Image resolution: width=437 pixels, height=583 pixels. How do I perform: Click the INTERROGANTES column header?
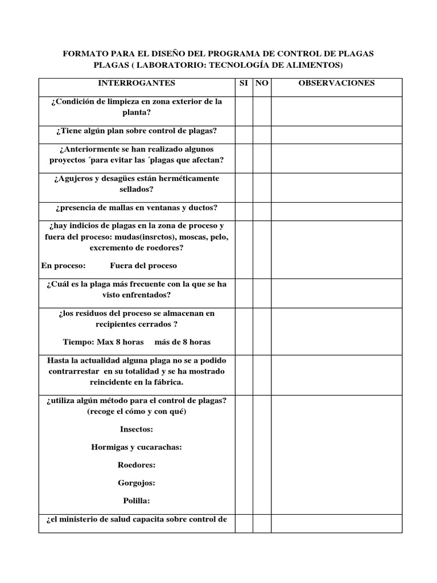137,83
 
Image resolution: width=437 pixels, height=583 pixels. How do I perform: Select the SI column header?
244,83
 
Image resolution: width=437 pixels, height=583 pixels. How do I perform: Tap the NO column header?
262,83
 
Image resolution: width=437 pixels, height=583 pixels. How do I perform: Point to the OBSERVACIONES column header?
336,83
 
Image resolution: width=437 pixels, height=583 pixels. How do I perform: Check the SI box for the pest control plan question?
244,135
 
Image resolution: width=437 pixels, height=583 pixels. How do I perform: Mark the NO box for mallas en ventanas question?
262,211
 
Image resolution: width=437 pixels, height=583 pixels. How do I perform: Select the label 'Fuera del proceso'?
143,265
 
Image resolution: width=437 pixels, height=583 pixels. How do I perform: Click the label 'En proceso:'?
63,265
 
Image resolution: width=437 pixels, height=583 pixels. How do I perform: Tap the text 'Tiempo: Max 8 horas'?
103,342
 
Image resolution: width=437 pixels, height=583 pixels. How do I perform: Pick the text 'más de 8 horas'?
178,342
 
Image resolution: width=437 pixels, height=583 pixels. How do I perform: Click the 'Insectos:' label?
137,429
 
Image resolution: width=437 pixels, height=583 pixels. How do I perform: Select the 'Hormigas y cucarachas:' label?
137,447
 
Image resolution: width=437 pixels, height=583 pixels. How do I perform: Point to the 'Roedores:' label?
137,465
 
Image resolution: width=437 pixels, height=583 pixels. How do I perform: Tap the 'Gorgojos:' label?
137,483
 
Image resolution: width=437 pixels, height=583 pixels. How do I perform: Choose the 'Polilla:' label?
137,501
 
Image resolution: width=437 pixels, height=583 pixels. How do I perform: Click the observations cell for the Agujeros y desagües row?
336,187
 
